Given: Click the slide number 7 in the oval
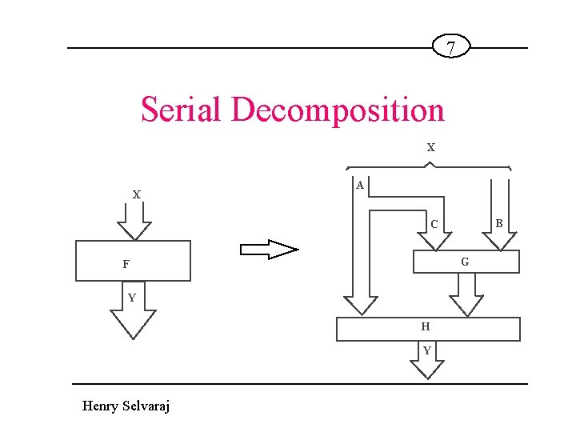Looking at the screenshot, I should click(451, 48).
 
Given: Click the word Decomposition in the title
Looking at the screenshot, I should click(338, 110).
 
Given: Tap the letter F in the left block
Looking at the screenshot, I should click(126, 264).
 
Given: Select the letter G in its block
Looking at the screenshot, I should click(465, 262).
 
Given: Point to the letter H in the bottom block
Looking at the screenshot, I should click(426, 326).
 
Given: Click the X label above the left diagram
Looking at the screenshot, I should click(137, 194).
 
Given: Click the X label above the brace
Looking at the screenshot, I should click(431, 148).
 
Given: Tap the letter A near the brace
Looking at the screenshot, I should click(360, 185).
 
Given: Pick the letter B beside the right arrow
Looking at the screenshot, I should click(498, 224).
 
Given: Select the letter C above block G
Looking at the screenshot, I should click(434, 224).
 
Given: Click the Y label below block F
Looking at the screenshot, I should click(132, 298).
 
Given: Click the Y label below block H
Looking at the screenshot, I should click(427, 350).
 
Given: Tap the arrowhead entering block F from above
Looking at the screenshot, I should click(134, 231).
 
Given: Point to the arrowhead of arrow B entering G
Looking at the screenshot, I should click(499, 241).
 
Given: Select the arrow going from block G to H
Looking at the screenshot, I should click(466, 296).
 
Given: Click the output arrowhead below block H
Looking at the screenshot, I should click(427, 370).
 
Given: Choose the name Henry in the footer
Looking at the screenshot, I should click(101, 406).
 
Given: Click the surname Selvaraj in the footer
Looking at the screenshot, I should click(146, 406).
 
